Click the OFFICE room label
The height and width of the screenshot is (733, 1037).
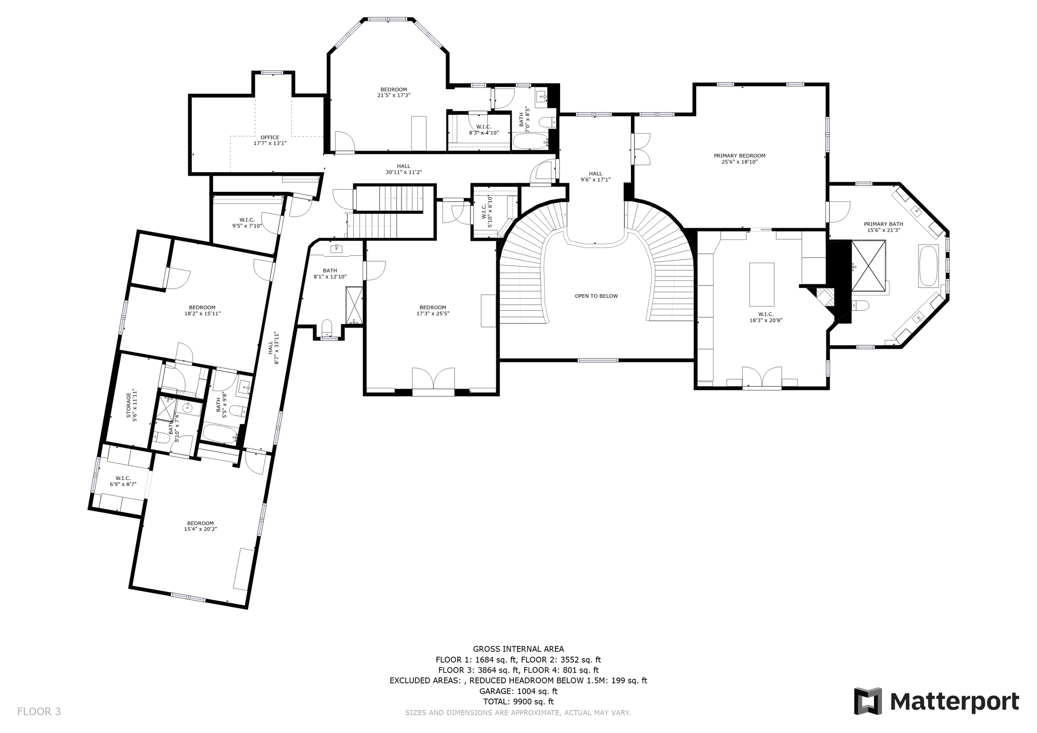click(270, 138)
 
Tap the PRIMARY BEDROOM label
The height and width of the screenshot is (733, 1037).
click(739, 156)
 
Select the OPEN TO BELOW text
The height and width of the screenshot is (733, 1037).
click(596, 296)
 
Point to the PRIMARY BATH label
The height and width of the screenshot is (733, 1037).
click(883, 224)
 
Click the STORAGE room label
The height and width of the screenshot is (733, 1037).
click(129, 405)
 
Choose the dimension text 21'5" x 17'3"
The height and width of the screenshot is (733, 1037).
click(393, 95)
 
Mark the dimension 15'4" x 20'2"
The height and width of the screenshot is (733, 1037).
click(200, 530)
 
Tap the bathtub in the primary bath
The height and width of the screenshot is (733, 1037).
click(928, 266)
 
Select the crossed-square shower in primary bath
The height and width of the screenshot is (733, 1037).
click(868, 266)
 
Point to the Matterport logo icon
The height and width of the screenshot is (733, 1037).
click(868, 701)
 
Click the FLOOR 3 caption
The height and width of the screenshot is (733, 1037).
click(39, 711)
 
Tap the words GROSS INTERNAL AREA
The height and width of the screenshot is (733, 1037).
click(518, 649)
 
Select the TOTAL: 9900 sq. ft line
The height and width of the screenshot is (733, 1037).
click(518, 702)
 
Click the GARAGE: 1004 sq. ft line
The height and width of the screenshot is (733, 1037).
click(518, 691)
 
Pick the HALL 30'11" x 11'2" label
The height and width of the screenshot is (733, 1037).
click(404, 169)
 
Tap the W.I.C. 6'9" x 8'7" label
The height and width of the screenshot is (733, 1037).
click(123, 481)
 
